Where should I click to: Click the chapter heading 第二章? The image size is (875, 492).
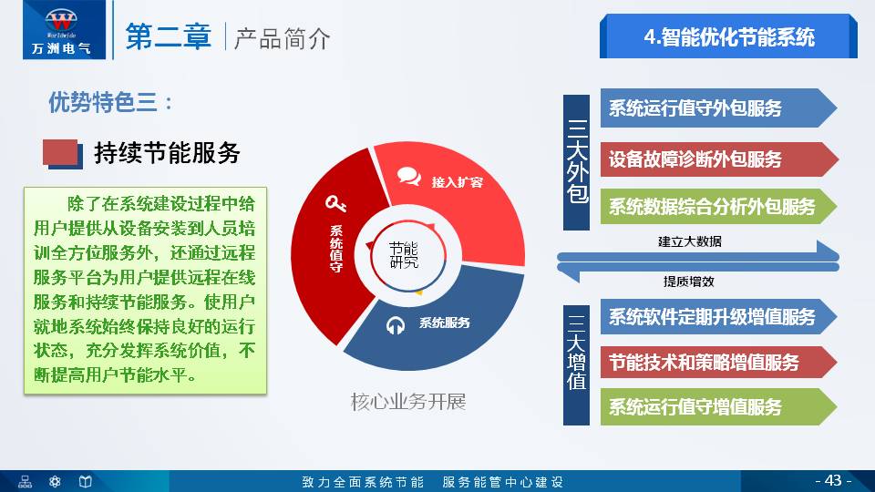(168, 36)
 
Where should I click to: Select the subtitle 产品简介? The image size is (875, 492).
(283, 38)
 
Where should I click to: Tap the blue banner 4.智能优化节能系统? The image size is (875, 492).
(728, 37)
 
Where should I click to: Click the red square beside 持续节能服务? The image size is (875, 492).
(60, 153)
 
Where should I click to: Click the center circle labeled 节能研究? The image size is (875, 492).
(403, 255)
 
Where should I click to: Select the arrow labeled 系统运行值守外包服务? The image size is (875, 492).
(711, 108)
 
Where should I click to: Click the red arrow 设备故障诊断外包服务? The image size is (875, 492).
(711, 159)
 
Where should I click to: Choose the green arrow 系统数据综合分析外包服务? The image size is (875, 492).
(711, 207)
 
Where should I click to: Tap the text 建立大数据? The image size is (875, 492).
(689, 241)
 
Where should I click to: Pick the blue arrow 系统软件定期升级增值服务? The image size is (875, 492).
(711, 317)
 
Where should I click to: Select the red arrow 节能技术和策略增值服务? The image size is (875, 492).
(711, 362)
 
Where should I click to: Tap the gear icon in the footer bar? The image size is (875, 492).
(55, 481)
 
